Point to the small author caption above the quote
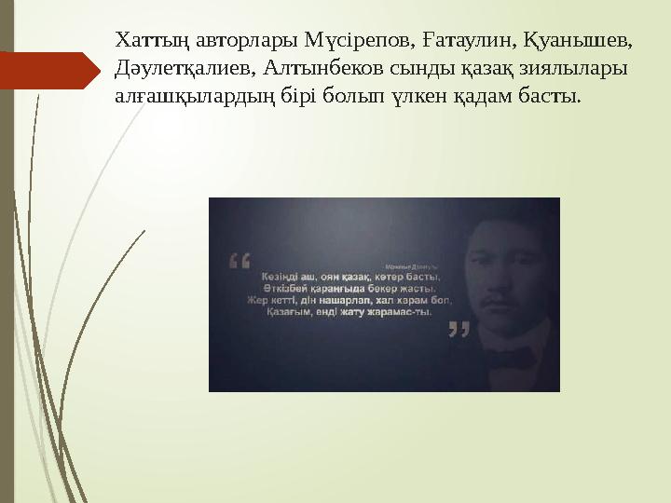coord(411,265)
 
